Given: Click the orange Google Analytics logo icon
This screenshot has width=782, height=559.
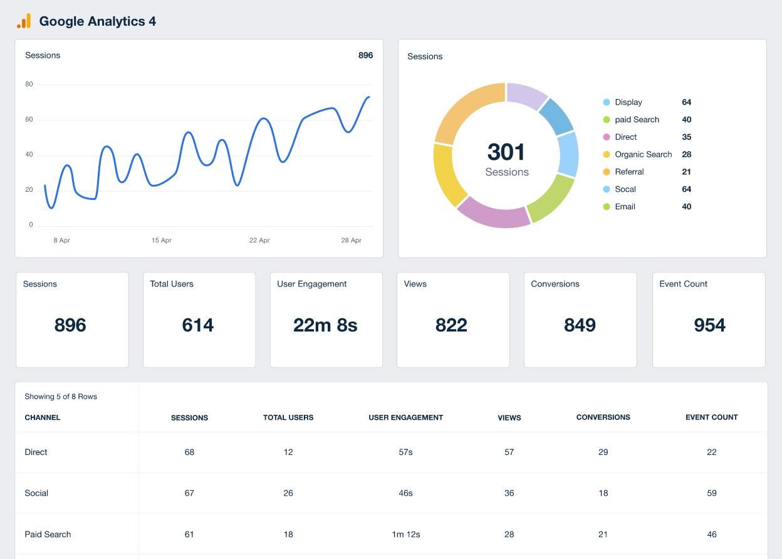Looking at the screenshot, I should point(23,21).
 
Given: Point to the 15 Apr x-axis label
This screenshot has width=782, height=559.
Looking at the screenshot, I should point(162,241).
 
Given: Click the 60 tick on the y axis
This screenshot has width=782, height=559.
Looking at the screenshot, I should point(29,120).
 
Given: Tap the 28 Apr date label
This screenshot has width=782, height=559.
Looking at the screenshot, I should point(351,241).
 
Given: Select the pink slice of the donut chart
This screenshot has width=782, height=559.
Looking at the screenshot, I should point(493,212).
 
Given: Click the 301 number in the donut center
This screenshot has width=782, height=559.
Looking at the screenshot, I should point(506,152).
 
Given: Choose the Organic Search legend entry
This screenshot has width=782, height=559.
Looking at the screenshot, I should point(643,154).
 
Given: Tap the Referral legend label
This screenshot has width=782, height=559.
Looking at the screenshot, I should point(629,172).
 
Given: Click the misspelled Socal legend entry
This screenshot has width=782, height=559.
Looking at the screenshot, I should point(625,189).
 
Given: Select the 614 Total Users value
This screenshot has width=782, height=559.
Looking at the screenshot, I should point(198,325).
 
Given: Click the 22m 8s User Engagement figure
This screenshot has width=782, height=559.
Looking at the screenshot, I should point(325,325).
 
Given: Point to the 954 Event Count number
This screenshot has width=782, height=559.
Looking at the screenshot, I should point(709,325).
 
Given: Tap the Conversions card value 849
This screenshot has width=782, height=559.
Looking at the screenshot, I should point(580,325).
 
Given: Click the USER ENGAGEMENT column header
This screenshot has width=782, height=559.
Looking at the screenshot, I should point(405,417).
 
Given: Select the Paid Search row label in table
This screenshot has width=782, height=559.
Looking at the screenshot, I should point(48,535).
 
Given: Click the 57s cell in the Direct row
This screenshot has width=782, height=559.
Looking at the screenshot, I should point(405,452).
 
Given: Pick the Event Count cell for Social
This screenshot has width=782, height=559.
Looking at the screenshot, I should point(711,493).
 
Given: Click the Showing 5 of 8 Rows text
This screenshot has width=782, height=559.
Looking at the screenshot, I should point(61,397).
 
